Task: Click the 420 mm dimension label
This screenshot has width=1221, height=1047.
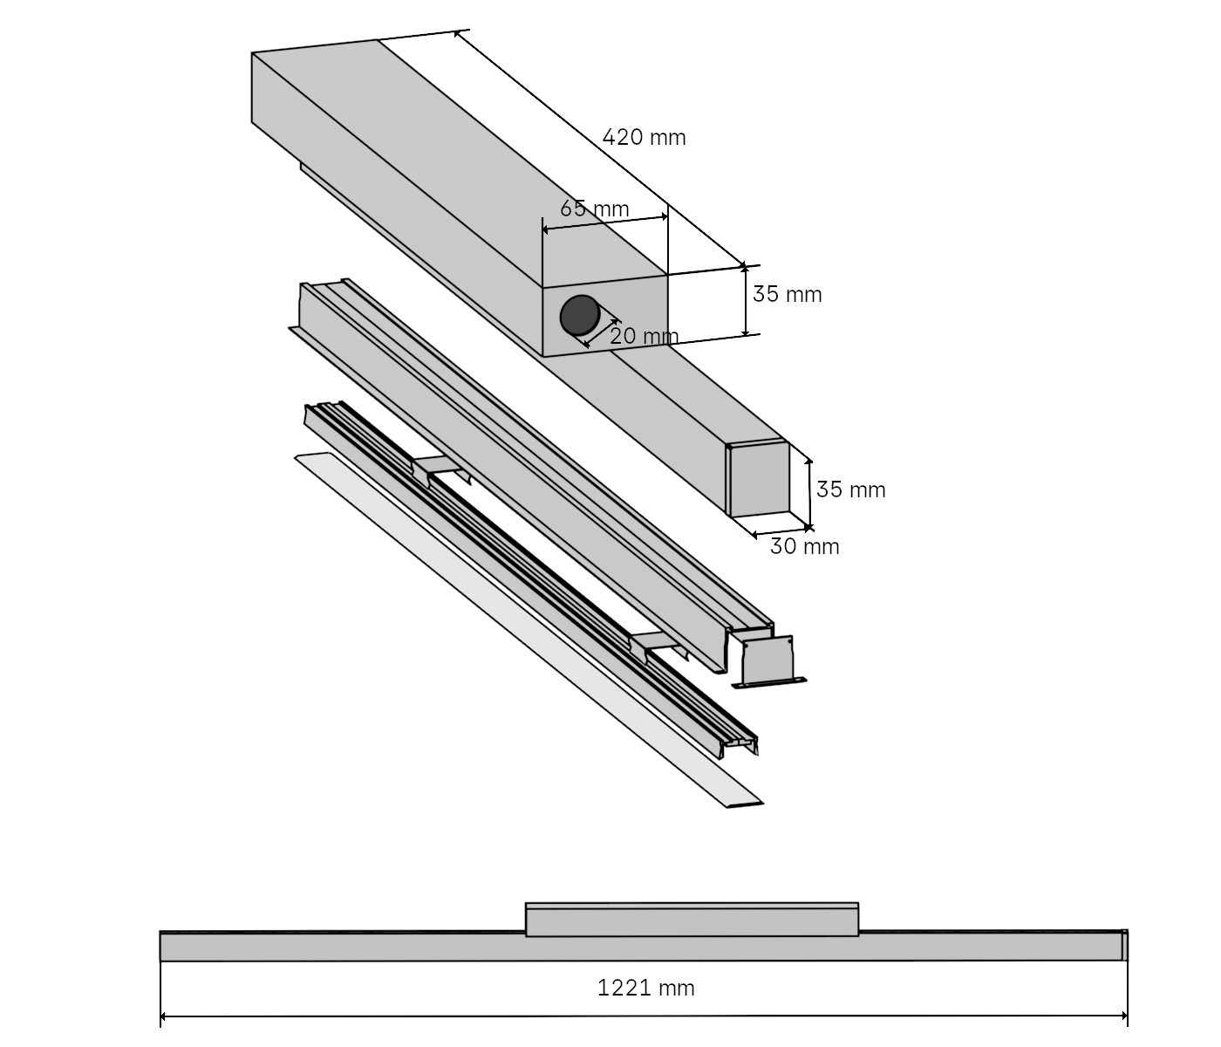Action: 644,137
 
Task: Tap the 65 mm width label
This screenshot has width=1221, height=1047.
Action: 595,209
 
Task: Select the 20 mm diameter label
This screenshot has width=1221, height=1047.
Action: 644,336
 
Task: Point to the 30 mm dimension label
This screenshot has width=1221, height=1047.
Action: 805,547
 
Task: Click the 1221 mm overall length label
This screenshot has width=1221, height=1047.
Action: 646,988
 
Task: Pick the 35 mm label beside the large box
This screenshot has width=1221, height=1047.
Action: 788,295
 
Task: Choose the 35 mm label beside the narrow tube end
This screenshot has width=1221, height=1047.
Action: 851,490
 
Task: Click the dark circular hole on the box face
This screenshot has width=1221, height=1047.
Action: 577,315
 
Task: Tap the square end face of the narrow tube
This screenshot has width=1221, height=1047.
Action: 759,481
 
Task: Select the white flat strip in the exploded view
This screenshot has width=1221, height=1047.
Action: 523,628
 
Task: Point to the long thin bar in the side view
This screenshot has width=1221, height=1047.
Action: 349,948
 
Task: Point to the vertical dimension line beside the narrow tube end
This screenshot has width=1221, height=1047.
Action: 809,490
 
